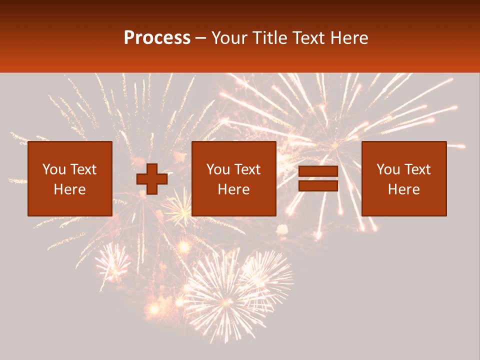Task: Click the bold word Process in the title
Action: pos(157,38)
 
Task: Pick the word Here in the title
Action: pos(350,38)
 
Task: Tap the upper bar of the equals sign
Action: pos(318,171)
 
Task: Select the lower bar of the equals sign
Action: pos(318,186)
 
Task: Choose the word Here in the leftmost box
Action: pos(69,189)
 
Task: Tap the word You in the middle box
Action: pos(218,169)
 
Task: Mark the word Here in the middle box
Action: pos(233,189)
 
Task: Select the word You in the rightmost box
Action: pos(388,169)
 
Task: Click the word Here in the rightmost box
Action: pos(403,189)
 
